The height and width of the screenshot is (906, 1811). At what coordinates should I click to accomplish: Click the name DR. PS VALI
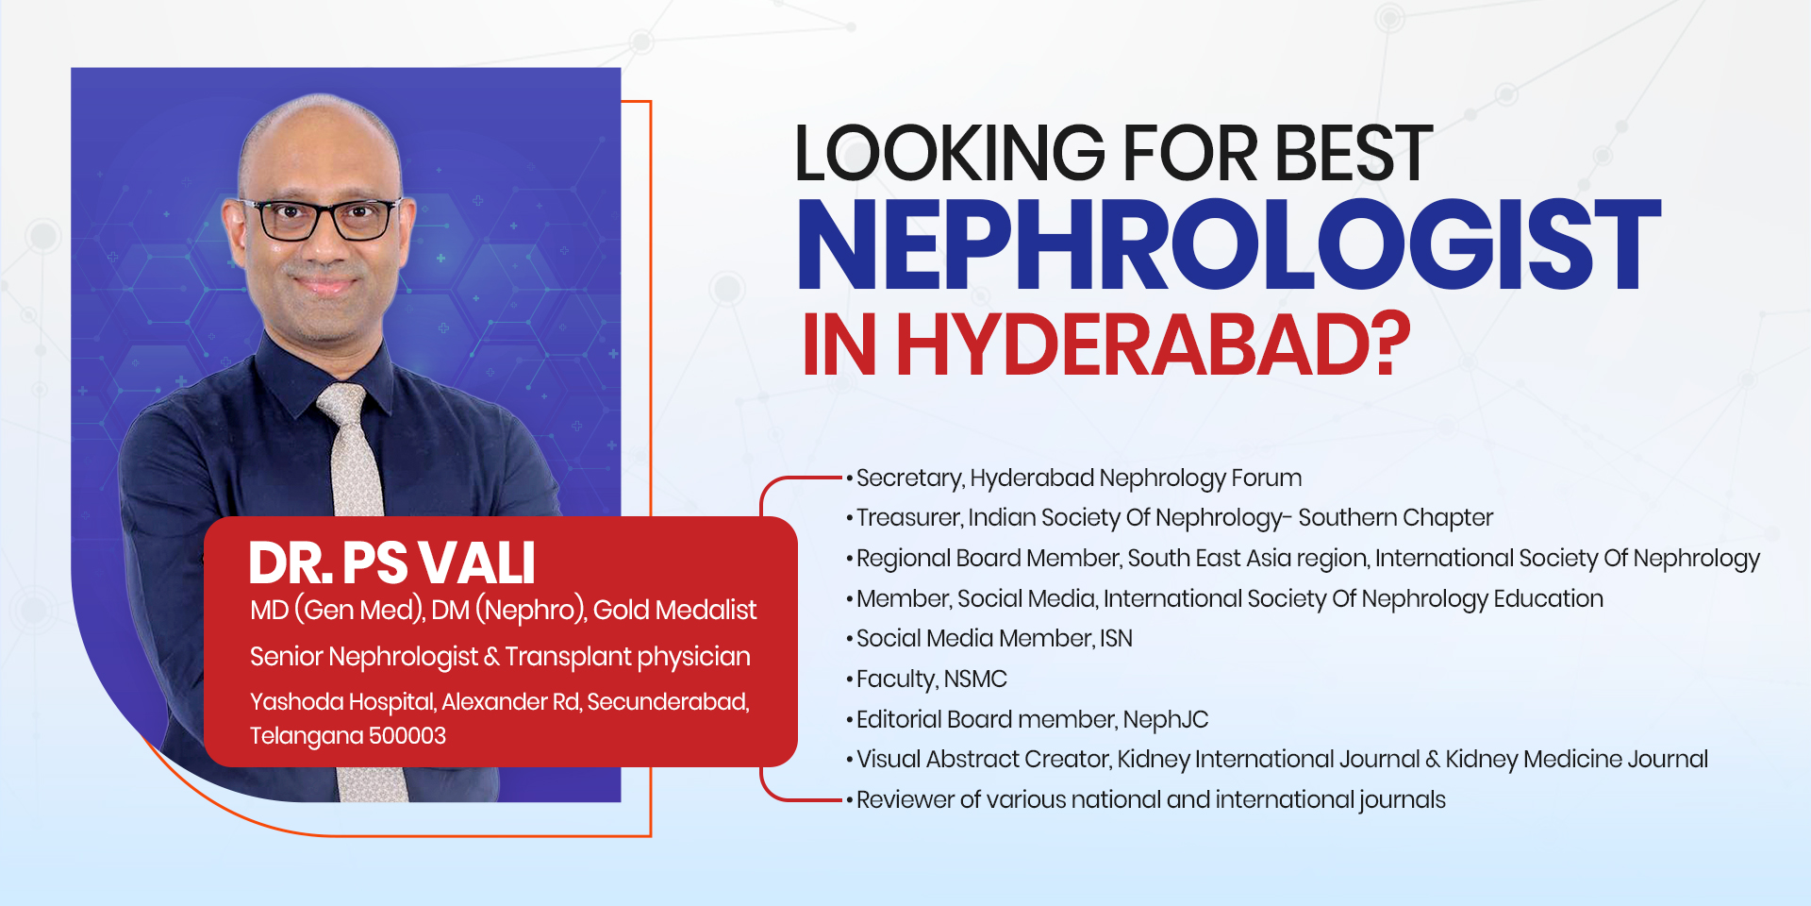391,563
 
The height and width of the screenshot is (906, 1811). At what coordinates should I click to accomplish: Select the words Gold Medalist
674,611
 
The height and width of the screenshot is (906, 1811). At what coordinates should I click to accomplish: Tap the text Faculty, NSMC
932,679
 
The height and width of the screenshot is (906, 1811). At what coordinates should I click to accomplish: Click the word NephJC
1166,720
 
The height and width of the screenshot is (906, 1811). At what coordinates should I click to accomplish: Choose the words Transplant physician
628,657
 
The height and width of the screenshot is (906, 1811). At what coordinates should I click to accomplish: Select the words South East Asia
1248,559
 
